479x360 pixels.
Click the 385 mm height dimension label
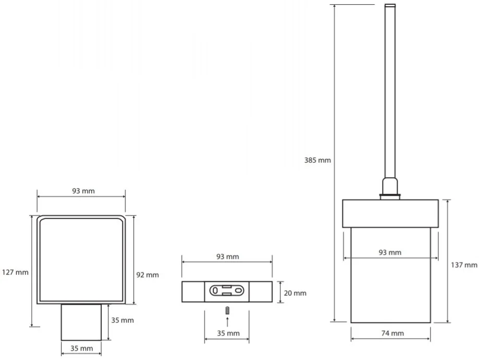[317, 160]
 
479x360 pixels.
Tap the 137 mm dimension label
[464, 265]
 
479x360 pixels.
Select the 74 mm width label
[392, 333]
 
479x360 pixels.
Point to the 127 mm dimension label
[15, 272]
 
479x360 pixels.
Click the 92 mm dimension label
[148, 275]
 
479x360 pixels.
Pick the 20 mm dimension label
[295, 293]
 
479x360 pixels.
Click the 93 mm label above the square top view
[83, 191]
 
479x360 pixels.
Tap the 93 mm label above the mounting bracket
[228, 256]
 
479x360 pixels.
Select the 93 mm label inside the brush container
[390, 253]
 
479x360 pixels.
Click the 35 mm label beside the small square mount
[122, 320]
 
